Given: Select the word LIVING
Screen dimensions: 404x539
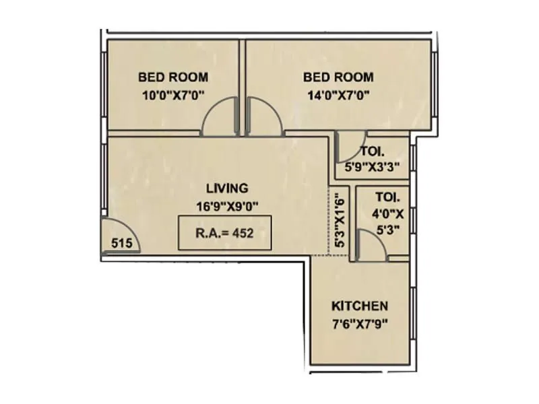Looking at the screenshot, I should point(227,188).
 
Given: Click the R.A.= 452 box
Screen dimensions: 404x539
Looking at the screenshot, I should point(224,233).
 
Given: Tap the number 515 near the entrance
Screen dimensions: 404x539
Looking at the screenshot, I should point(121,244).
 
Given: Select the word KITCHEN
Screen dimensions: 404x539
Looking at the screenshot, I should point(360,306).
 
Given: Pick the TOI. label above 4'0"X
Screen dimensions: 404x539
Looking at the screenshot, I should point(388,198).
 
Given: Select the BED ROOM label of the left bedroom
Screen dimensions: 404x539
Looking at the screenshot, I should point(172,77).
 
